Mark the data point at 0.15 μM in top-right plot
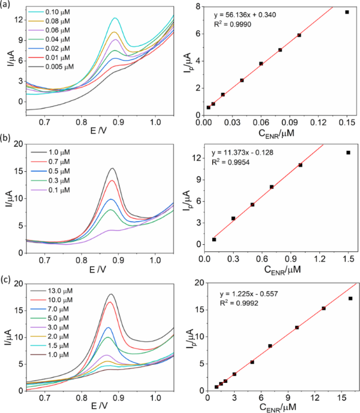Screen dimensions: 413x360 (347, 12)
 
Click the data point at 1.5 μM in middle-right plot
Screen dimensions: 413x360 (348, 153)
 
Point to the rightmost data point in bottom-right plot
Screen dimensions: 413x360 (350, 298)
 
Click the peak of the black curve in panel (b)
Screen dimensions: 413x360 (112, 169)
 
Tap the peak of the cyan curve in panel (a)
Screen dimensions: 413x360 (115, 19)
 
